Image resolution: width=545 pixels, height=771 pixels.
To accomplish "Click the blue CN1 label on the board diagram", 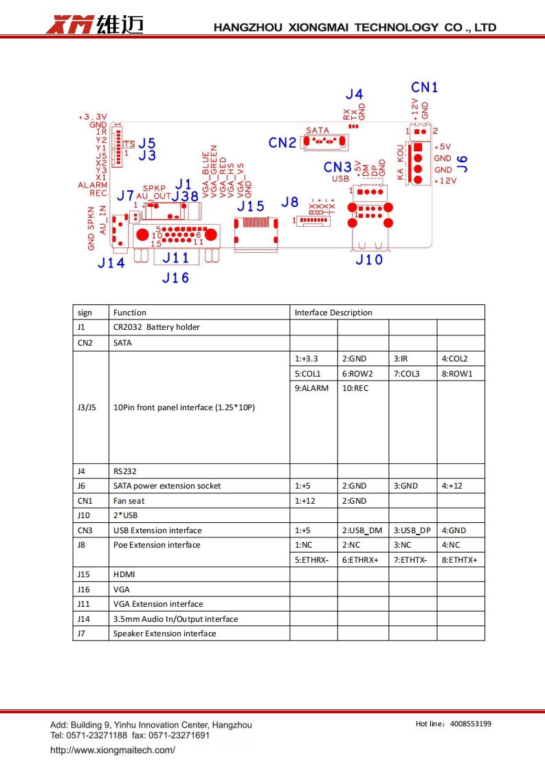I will [x=425, y=87].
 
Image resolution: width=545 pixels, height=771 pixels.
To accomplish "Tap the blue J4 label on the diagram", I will [x=355, y=94].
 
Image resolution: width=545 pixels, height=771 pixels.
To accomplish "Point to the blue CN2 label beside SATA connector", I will [x=282, y=143].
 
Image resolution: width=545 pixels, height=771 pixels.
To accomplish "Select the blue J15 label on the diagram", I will [x=250, y=205].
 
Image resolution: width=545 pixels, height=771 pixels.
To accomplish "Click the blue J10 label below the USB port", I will [x=369, y=260].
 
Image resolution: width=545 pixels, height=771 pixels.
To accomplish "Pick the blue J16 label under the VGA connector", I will [x=175, y=278].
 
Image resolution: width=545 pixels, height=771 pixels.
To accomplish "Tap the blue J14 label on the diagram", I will [x=111, y=262].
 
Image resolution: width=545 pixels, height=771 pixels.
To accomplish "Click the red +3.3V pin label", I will [x=93, y=117].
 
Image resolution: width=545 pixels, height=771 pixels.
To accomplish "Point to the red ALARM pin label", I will [x=92, y=186].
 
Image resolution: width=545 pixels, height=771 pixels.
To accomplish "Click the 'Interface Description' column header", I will [x=333, y=313].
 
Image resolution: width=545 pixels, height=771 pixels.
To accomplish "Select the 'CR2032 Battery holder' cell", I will [x=157, y=327].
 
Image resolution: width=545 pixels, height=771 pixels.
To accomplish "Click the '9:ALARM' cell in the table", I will [x=312, y=388].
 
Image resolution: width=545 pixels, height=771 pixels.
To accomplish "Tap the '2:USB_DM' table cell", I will [x=362, y=530].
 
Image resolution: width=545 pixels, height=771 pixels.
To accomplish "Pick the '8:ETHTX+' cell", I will [x=459, y=560].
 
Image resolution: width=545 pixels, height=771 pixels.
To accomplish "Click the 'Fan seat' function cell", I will [x=129, y=501].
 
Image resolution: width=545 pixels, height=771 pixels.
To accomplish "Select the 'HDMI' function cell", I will [x=124, y=574].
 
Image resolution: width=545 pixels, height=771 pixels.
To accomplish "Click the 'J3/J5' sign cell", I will [x=87, y=407].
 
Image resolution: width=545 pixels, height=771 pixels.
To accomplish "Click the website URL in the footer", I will [x=113, y=750].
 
